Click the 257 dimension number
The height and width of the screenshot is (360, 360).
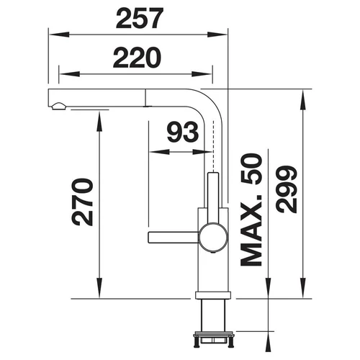140,18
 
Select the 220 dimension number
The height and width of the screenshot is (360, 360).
137,58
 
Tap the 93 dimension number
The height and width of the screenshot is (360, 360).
183,132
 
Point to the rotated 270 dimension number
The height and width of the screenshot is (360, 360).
82,202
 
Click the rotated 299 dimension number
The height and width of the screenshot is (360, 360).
287,189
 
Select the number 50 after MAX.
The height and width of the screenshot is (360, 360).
251,169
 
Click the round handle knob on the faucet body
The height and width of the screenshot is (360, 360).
212,237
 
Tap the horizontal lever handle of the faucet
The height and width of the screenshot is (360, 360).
174,238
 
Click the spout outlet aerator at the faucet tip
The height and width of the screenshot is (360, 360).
58,107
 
